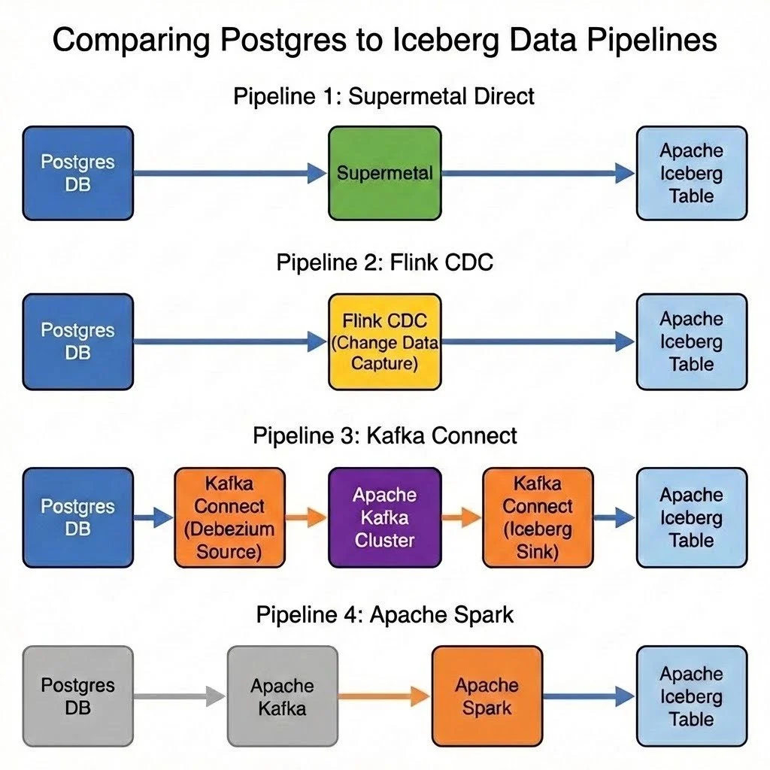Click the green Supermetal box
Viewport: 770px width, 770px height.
[x=384, y=173]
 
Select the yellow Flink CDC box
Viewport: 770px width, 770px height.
[x=384, y=342]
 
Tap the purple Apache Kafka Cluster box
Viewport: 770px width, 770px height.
[x=384, y=517]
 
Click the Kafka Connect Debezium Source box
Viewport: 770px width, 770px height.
[x=229, y=517]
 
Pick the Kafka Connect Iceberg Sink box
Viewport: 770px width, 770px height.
[x=538, y=517]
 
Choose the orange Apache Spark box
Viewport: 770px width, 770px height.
[x=487, y=696]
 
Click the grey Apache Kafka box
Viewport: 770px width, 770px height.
[x=282, y=696]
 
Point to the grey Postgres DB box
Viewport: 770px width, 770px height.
[x=77, y=696]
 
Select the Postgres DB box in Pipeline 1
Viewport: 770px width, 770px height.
[x=77, y=173]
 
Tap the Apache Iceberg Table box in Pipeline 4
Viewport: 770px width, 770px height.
[x=692, y=696]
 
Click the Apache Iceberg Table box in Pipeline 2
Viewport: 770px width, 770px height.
[x=692, y=342]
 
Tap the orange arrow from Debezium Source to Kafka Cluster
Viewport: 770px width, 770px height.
[x=306, y=517]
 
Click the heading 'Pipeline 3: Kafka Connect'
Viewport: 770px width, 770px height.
[x=384, y=435]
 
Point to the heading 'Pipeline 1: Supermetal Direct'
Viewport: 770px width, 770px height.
[x=384, y=96]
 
